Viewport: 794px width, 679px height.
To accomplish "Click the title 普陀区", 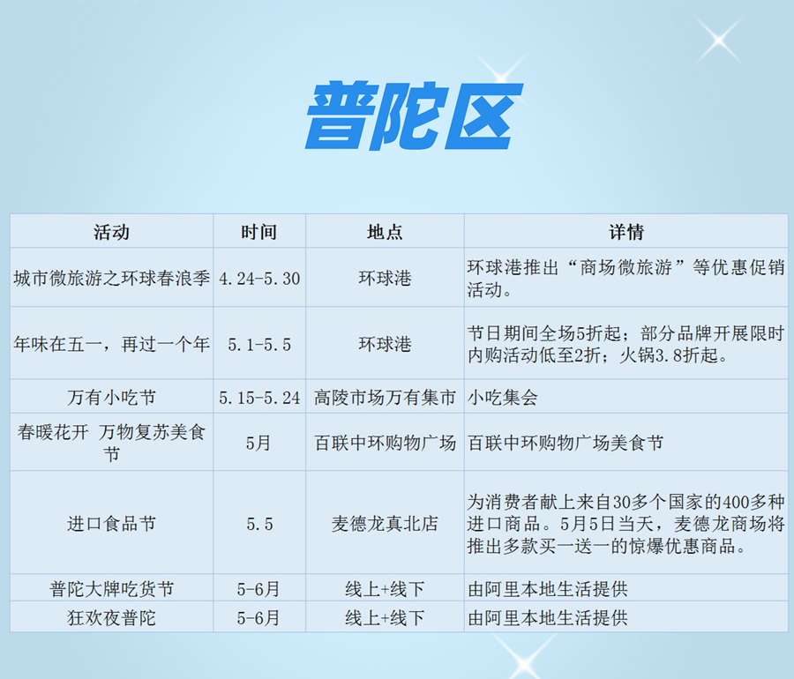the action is pos(414,116).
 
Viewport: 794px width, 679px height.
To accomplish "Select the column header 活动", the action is pos(111,232).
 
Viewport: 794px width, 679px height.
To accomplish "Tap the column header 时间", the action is pos(258,232).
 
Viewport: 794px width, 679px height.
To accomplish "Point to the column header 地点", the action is pos(385,232).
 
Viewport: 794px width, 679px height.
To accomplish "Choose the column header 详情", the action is pos(625,232).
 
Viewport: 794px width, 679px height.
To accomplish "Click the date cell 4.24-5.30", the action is pos(259,279).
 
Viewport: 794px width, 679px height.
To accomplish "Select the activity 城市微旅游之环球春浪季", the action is pos(111,279).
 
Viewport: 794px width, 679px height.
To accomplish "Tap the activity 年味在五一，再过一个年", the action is pos(111,345).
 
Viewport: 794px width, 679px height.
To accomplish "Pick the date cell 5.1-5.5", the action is pos(259,345).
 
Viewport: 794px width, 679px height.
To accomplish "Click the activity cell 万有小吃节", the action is pos(111,397).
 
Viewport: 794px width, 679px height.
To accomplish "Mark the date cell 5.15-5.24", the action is pos(259,398).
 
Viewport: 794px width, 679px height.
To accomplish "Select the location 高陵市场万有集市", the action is pos(385,397).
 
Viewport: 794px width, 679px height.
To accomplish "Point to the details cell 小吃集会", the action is pos(502,397).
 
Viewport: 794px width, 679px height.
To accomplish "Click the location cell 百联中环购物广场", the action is pos(385,443).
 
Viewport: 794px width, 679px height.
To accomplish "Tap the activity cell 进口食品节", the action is pos(111,523).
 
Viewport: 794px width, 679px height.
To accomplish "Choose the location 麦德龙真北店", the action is pos(385,523).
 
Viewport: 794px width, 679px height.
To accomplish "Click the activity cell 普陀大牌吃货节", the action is pos(111,589).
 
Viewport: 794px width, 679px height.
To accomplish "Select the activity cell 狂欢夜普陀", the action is pos(111,618).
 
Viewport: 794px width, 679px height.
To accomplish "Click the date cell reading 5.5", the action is pos(259,524).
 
